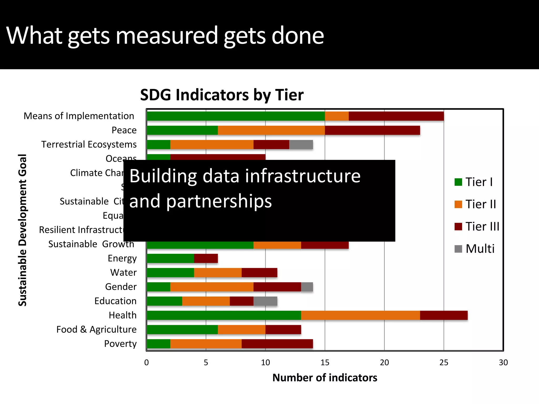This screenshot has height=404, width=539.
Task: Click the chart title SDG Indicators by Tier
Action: point(222,95)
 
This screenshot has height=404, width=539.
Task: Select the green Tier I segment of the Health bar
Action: point(224,315)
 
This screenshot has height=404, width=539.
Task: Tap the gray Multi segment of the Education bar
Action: point(265,301)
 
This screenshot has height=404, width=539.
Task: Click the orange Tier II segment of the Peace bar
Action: point(271,130)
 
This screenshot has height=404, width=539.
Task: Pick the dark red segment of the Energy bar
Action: point(206,258)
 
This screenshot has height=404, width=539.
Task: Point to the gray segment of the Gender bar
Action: point(307,287)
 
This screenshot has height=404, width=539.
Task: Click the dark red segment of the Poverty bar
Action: point(277,344)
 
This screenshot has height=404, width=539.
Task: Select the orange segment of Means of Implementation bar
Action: point(337,116)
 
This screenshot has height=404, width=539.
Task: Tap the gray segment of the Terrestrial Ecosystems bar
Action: point(301,144)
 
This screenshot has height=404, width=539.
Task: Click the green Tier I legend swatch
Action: point(458,182)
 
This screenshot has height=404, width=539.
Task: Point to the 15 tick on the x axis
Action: point(325,362)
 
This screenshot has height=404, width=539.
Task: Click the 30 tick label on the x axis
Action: point(503,362)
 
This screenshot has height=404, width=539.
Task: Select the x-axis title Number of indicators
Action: point(325,378)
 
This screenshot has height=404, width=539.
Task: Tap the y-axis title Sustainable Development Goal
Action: point(23,230)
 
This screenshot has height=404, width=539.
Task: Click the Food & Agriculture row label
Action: point(96,329)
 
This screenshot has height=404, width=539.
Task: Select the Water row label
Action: point(123,272)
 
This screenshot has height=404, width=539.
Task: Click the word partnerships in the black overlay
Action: point(219,201)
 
